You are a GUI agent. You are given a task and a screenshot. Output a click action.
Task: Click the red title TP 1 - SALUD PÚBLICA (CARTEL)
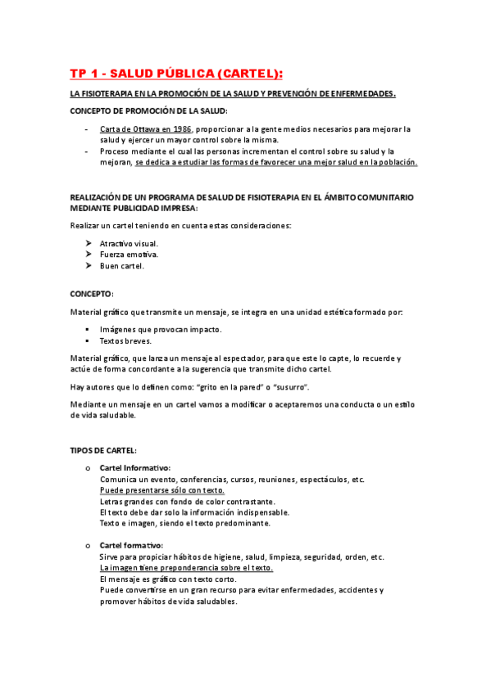[175, 74]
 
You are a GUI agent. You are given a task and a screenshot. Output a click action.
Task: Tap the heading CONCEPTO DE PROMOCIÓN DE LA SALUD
[148, 110]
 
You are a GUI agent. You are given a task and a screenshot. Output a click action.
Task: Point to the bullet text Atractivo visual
[129, 244]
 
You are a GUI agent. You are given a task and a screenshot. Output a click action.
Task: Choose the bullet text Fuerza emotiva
[129, 255]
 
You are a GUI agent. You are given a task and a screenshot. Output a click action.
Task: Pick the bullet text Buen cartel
[121, 266]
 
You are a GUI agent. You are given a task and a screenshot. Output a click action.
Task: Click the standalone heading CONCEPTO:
[92, 292]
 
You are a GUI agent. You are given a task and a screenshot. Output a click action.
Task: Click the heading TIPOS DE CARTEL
[103, 450]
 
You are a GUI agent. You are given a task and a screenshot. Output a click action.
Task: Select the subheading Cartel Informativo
[134, 468]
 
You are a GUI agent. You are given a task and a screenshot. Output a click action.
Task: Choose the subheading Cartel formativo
[131, 546]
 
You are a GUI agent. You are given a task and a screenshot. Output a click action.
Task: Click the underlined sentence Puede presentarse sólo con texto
[162, 490]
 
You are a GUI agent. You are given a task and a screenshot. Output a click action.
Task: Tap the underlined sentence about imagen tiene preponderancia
[186, 568]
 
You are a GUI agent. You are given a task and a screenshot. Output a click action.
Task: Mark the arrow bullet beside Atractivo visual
[88, 244]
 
